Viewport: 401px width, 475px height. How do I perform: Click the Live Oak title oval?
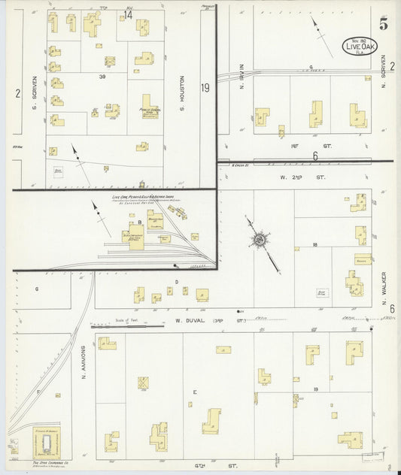[363, 45]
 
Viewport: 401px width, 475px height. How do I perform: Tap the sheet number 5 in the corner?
[384, 23]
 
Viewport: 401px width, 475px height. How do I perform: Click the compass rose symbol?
[259, 240]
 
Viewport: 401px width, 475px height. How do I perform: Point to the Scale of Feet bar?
[127, 327]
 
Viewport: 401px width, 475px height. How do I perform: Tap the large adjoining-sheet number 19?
[204, 88]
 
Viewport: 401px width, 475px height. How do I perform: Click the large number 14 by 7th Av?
[128, 15]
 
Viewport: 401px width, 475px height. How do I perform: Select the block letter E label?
[194, 392]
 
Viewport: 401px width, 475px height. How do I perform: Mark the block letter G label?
[36, 288]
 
